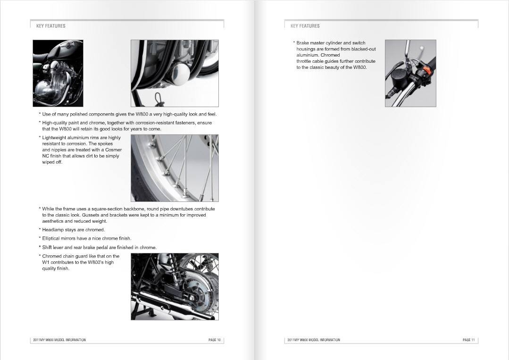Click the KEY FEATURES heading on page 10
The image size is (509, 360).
[x=50, y=26]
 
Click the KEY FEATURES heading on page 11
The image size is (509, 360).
[x=305, y=26]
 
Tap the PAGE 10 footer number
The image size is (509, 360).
[x=215, y=340]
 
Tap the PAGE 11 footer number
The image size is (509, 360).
[x=469, y=340]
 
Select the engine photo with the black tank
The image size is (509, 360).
[x=58, y=73]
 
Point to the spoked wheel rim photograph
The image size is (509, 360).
[x=175, y=168]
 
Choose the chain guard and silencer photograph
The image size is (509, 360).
[x=175, y=286]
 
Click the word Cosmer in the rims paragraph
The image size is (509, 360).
[x=113, y=150]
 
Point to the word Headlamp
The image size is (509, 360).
[x=53, y=230]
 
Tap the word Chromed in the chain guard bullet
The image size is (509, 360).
[x=52, y=256]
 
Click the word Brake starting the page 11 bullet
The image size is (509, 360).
[x=302, y=43]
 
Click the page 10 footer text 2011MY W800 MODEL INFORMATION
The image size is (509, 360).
[x=59, y=340]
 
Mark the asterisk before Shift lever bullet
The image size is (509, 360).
[x=40, y=247]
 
